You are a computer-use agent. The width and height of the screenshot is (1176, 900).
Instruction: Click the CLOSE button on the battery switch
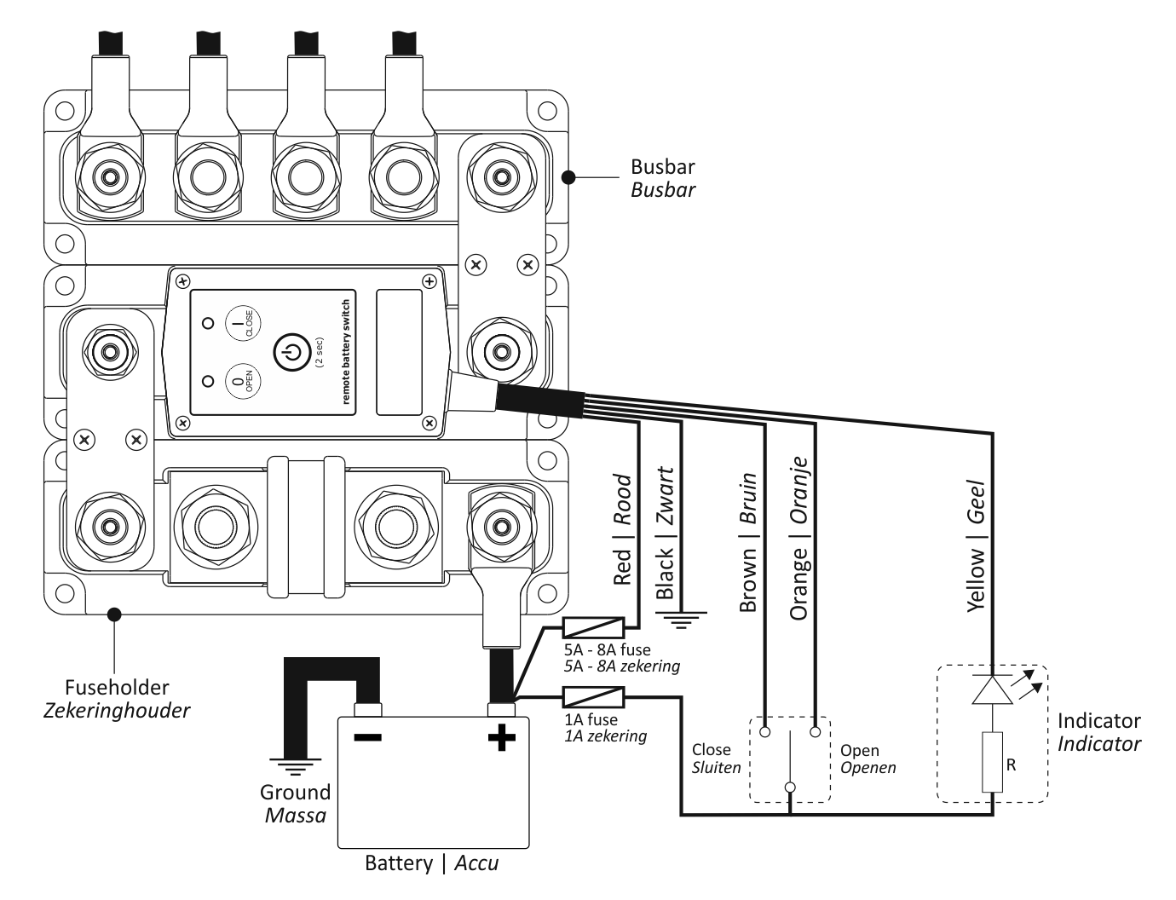click(243, 324)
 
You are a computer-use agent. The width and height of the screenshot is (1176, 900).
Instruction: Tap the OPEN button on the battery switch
click(243, 381)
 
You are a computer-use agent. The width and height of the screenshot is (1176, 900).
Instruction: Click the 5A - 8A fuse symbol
click(594, 628)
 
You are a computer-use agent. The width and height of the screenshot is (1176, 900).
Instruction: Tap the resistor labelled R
click(992, 762)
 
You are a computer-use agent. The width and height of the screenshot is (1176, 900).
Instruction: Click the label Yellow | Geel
click(977, 545)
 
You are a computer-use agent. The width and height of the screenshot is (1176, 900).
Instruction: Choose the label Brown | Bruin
click(748, 542)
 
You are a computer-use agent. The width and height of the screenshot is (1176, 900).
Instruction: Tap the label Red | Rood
click(623, 529)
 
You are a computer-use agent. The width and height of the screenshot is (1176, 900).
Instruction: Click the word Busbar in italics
click(663, 190)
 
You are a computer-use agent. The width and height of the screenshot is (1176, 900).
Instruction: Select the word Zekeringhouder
click(117, 711)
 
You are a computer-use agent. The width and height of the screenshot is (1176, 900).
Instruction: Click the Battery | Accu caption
click(431, 863)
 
